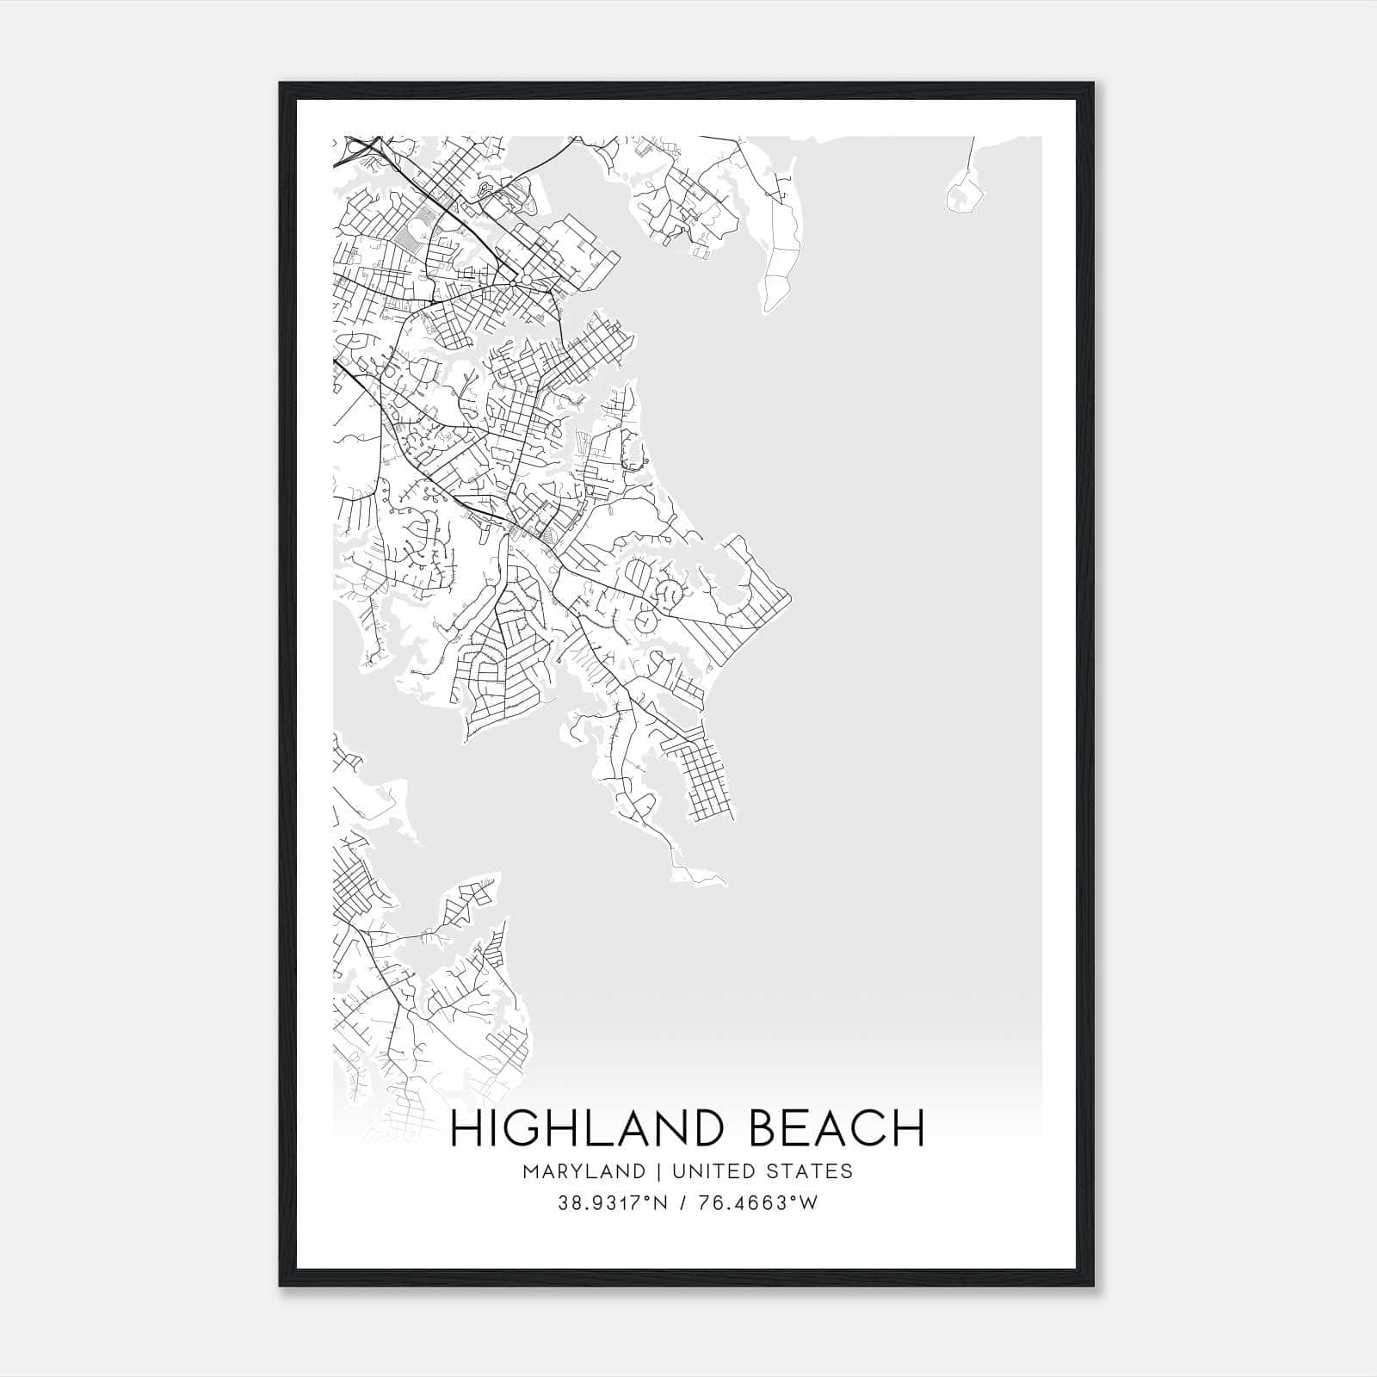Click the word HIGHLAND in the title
coord(585,1128)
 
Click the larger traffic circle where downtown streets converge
coord(526,280)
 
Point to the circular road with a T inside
coord(643,620)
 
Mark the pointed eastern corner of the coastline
coord(790,593)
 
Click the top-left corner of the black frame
coord(281,84)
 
